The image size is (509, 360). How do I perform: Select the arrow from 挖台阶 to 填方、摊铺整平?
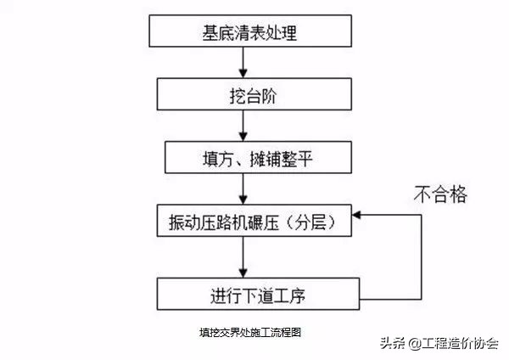(x=243, y=127)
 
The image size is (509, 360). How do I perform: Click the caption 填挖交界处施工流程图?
(x=244, y=333)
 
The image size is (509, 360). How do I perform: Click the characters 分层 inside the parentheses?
(x=299, y=223)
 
